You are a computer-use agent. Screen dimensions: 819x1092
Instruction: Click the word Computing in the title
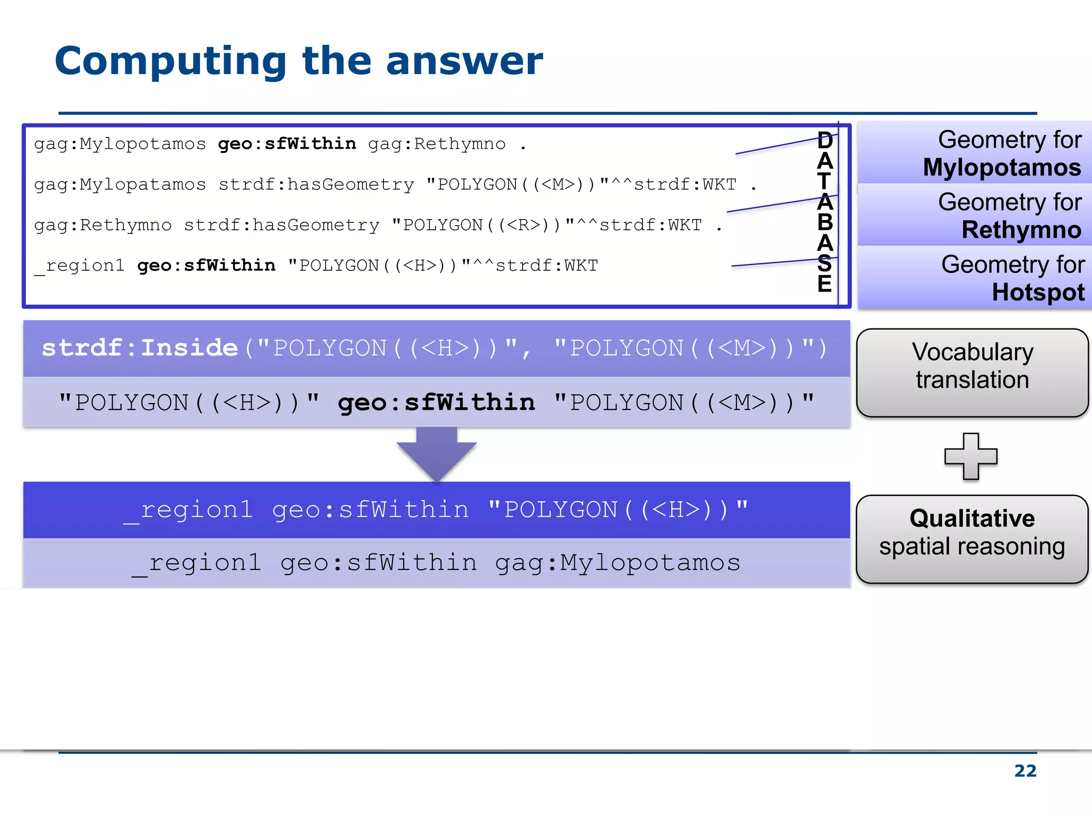(171, 61)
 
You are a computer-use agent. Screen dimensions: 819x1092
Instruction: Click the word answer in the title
(464, 61)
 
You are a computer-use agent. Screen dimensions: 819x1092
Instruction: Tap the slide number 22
(1025, 770)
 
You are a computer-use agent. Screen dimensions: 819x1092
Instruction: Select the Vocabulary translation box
(972, 372)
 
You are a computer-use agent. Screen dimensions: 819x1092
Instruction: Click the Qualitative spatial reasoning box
(972, 539)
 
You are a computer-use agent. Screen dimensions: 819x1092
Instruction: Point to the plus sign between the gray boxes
(970, 456)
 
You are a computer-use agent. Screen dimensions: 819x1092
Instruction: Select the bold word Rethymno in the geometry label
(1021, 230)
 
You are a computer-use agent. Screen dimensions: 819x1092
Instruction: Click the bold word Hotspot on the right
(1038, 292)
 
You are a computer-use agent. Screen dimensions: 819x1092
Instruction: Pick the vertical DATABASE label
(824, 212)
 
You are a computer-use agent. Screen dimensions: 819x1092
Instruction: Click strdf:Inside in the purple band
(140, 348)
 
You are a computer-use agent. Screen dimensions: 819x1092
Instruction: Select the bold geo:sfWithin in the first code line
(287, 144)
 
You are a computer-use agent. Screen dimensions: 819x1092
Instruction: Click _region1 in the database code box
(79, 266)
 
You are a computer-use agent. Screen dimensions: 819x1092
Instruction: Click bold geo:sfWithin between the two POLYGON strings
(436, 403)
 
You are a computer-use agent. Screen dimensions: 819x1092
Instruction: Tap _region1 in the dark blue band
(188, 510)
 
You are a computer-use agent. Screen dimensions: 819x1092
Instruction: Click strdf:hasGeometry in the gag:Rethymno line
(281, 225)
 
